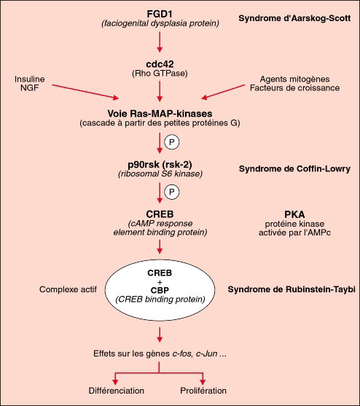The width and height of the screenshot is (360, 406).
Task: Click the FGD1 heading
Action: point(160,14)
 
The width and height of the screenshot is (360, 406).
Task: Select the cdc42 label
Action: point(160,64)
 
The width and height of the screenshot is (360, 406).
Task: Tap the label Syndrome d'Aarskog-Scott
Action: point(294,18)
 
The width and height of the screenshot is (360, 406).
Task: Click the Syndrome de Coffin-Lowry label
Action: point(294,169)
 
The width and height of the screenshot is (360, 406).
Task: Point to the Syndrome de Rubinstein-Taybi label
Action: point(291,289)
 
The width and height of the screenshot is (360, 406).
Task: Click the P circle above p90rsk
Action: point(172,142)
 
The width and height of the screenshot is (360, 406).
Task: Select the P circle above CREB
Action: point(172,192)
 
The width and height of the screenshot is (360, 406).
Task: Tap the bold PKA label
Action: point(294,214)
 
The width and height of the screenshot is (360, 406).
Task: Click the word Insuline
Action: point(29,79)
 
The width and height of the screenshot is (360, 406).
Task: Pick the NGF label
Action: point(29,87)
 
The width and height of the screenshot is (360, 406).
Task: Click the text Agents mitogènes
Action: point(294,79)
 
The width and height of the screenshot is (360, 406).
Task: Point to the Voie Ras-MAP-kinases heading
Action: point(160,114)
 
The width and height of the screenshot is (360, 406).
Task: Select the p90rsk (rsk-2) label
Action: point(160,165)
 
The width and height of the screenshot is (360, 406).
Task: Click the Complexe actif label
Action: point(68,289)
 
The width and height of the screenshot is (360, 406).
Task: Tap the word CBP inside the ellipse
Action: point(160,290)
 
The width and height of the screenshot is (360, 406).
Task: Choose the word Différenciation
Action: point(116,391)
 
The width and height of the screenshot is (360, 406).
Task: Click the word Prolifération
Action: point(203,391)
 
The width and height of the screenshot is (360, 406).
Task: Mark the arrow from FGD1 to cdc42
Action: point(160,42)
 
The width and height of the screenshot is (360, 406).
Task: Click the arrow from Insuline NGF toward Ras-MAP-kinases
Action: point(85,92)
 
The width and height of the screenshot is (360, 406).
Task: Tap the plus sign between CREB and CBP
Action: point(160,282)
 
